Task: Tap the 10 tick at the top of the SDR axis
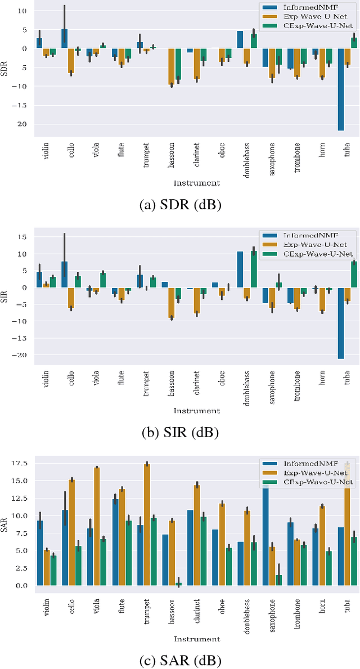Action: pyautogui.click(x=22, y=11)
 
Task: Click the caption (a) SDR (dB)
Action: pyautogui.click(x=180, y=205)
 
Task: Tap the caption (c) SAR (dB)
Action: pyautogui.click(x=180, y=659)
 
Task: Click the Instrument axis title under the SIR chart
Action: pyautogui.click(x=196, y=410)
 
